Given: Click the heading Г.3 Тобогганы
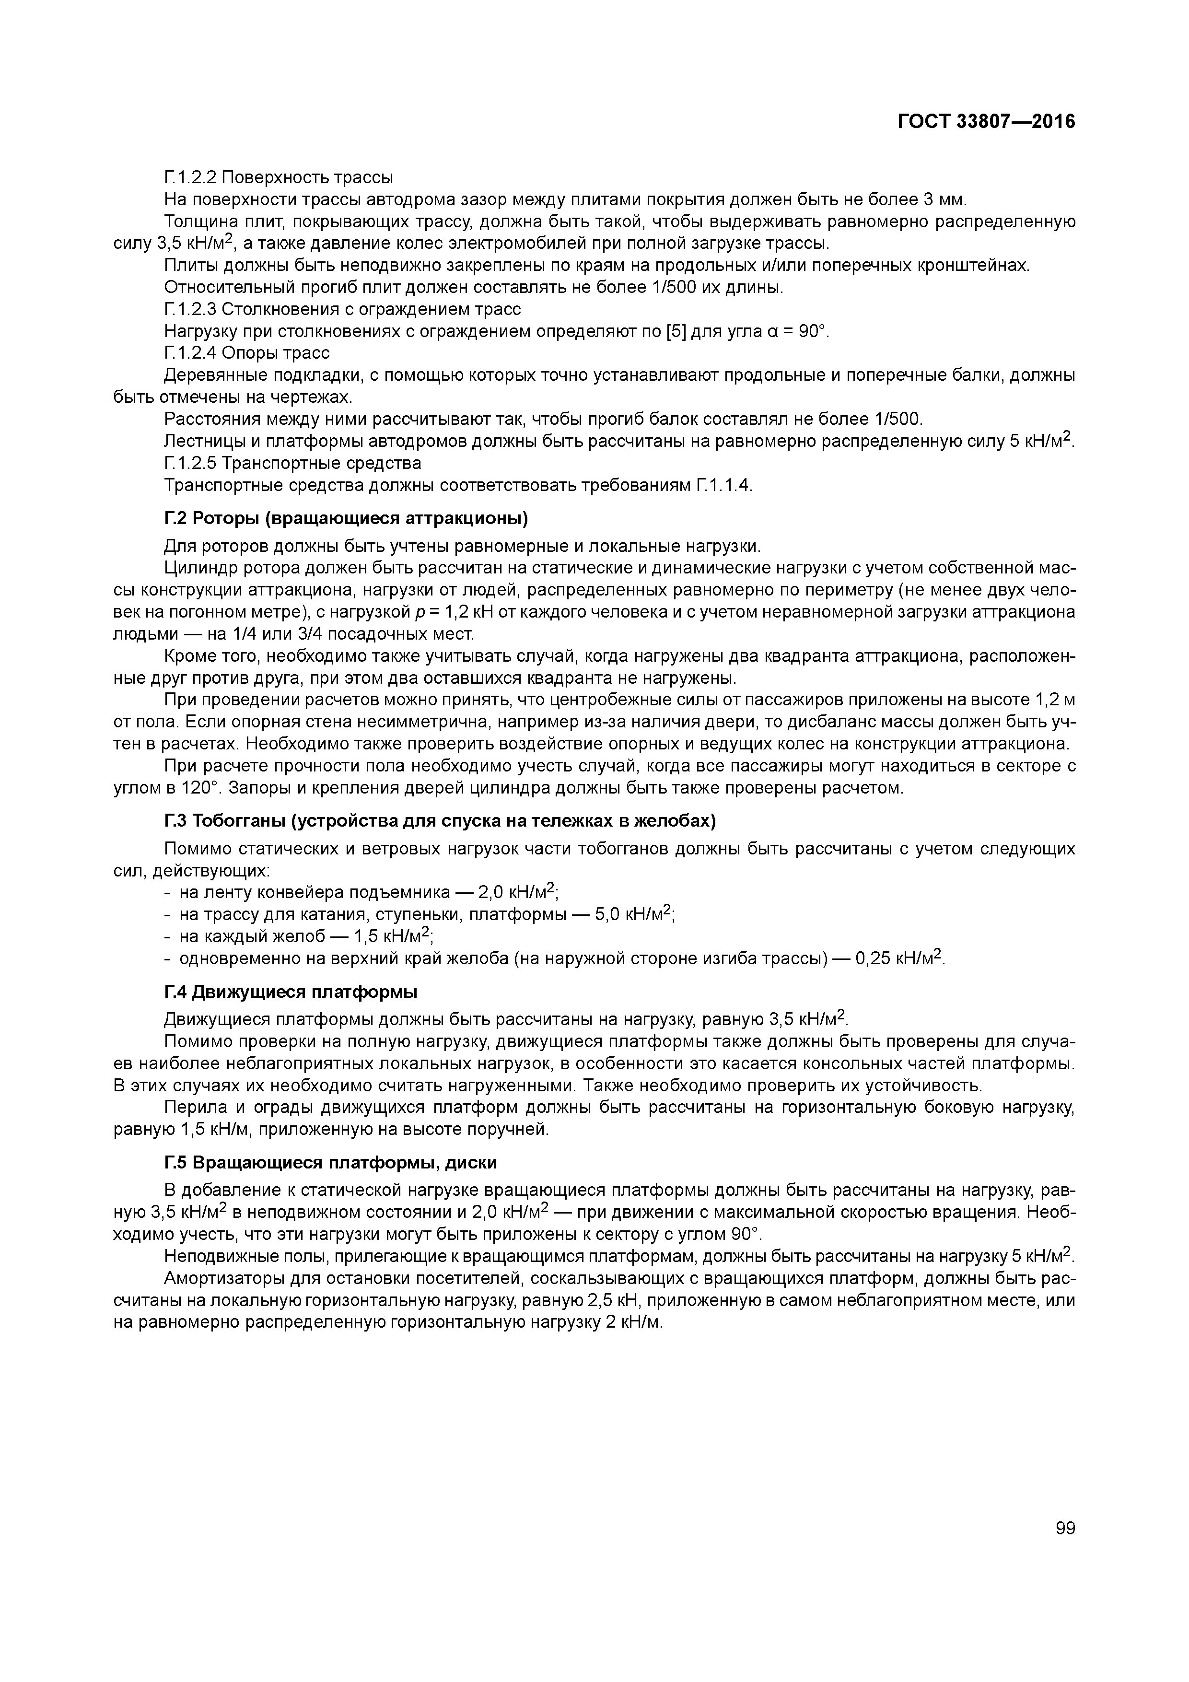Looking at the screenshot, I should (440, 821).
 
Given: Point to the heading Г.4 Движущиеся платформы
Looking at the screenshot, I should (291, 992).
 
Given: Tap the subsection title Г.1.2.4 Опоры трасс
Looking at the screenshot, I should (247, 353).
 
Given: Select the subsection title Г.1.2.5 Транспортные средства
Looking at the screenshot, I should (292, 463).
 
